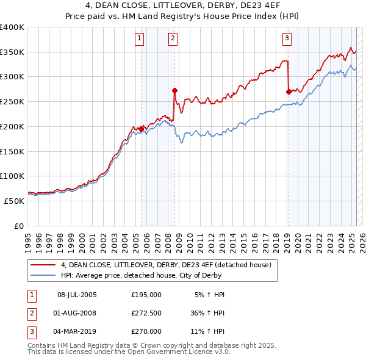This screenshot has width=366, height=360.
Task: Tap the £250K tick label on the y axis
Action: pos(12,101)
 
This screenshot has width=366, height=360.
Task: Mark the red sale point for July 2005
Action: pos(141,129)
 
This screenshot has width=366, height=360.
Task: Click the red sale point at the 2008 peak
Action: pos(174,90)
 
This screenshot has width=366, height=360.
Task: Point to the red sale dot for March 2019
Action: pos(288,92)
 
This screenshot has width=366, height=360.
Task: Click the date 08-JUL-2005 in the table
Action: pos(77,295)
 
